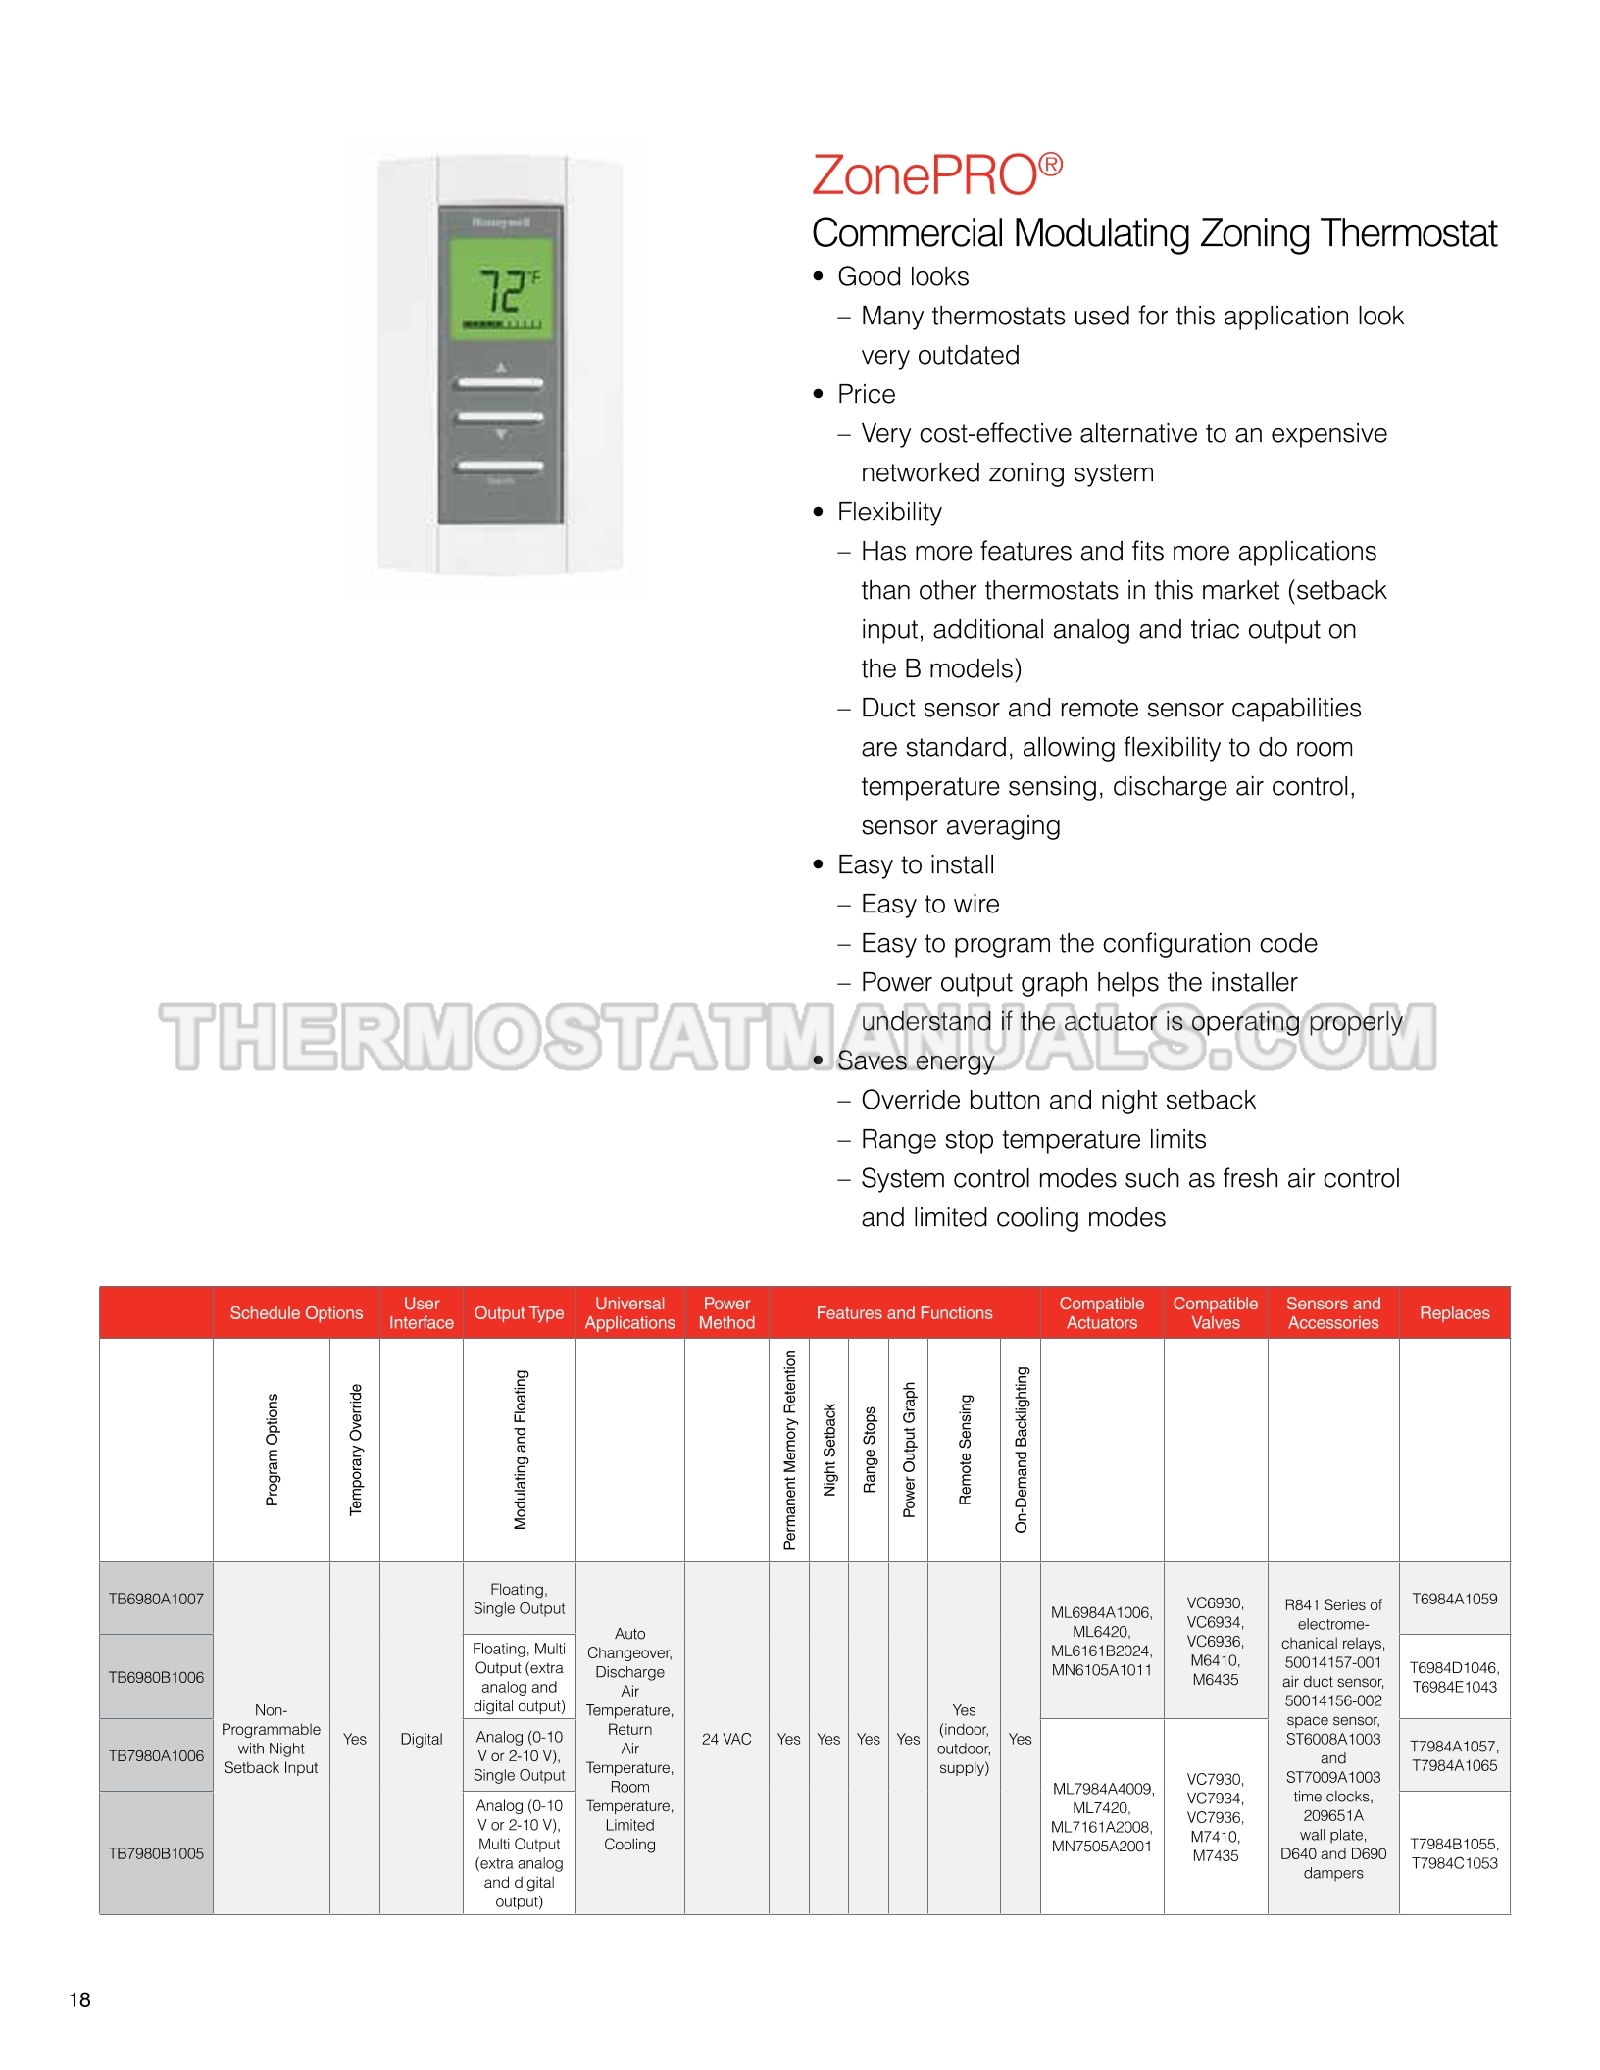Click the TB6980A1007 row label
(x=156, y=1599)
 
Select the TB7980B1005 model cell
(x=156, y=1853)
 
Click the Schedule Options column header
(x=296, y=1313)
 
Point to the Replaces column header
(x=1454, y=1313)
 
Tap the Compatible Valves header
(x=1215, y=1313)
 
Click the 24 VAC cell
(x=726, y=1739)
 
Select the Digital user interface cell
(x=422, y=1739)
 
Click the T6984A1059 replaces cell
(x=1454, y=1599)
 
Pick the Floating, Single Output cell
(x=519, y=1599)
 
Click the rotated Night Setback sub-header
(x=829, y=1450)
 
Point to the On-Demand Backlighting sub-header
(x=1021, y=1450)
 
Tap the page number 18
(x=79, y=1999)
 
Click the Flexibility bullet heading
(x=889, y=512)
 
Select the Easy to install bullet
(x=916, y=864)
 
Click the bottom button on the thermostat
(x=500, y=466)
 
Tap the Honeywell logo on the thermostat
(x=501, y=222)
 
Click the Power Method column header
(x=726, y=1313)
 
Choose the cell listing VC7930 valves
(x=1215, y=1817)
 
